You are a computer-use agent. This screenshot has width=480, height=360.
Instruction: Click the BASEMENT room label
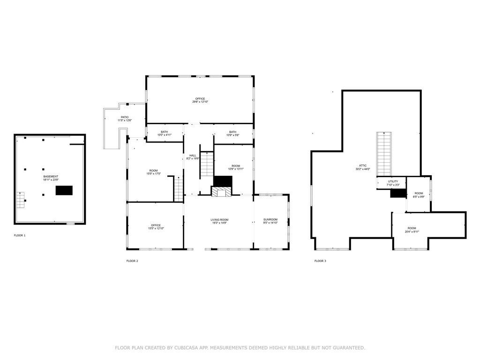tap(50, 177)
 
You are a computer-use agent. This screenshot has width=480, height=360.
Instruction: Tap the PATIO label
tap(125, 117)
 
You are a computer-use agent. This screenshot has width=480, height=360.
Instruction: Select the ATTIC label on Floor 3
tap(363, 165)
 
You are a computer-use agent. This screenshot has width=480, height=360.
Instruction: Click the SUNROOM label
tap(270, 219)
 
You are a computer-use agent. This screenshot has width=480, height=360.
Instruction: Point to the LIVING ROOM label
tap(218, 219)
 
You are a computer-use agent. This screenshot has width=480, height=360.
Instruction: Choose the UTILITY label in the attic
tap(393, 181)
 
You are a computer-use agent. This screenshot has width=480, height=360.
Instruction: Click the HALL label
tap(193, 155)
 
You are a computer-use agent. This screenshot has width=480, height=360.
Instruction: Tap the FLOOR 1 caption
tap(20, 235)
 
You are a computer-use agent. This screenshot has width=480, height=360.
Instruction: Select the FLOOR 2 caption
tap(132, 261)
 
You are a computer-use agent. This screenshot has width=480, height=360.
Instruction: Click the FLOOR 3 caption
tap(320, 261)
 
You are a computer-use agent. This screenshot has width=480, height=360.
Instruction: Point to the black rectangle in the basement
tap(64, 190)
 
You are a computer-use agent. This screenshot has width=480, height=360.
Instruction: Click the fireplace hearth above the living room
tap(221, 192)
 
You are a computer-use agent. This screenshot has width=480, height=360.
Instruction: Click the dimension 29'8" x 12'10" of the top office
tap(200, 102)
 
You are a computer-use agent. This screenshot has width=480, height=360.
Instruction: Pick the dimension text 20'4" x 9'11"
tap(412, 231)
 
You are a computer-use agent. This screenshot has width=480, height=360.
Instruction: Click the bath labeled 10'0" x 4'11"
tap(165, 133)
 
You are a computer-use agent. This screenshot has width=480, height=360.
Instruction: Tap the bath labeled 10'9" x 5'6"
tap(233, 133)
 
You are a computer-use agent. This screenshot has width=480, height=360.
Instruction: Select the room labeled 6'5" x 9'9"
tap(419, 195)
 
